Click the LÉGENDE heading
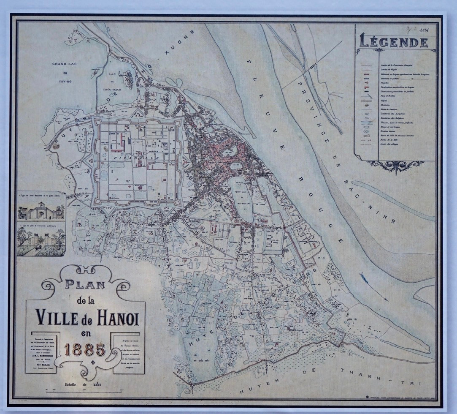(394, 42)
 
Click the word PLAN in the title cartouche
(85, 284)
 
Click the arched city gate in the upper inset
(41, 210)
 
